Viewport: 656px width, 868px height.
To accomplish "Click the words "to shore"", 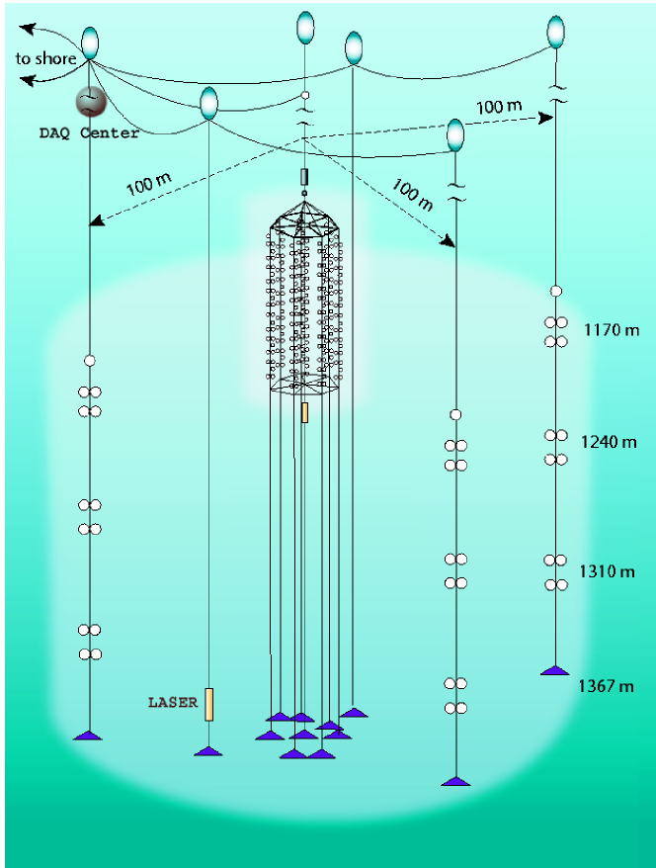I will point(45,59).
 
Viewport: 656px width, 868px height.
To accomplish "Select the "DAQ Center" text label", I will point(89,133).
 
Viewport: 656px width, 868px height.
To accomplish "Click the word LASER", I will point(173,703).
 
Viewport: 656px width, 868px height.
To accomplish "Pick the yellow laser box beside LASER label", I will point(208,704).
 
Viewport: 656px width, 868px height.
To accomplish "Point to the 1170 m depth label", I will point(612,330).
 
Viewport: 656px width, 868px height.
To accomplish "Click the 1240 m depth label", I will point(610,442).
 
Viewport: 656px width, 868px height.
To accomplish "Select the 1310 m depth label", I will point(607,571).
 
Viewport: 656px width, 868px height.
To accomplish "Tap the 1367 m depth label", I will point(606,686).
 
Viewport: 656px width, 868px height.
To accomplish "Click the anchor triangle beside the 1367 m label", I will point(555,670).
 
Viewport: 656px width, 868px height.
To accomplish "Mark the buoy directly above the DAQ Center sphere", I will point(90,41).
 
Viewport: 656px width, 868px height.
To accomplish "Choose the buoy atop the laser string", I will point(208,103).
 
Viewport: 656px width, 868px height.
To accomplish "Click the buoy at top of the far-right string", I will point(556,32).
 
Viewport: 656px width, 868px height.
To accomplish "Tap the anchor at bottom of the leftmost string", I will point(89,735).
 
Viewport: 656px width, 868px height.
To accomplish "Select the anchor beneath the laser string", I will point(208,750).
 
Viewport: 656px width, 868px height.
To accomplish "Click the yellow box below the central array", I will point(304,412).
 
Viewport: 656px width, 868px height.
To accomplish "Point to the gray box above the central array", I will point(304,177).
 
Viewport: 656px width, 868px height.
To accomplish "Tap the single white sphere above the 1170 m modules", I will point(556,291).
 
